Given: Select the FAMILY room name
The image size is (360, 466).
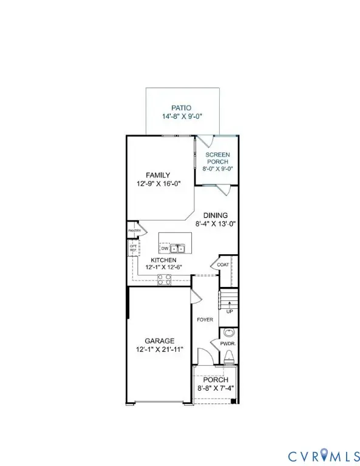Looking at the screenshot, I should click(x=157, y=175).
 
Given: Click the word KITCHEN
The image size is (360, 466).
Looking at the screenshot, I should click(x=163, y=260).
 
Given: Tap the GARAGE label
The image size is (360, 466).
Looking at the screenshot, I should click(x=159, y=341).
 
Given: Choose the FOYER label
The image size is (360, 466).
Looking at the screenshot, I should click(x=205, y=319).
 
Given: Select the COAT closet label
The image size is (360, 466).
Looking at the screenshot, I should click(x=223, y=265).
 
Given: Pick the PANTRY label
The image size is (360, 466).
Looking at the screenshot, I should click(x=134, y=231).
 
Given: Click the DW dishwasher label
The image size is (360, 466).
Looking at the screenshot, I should click(x=165, y=248).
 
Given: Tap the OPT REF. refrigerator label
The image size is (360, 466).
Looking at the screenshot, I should click(x=133, y=248).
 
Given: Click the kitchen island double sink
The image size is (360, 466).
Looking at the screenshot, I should click(x=177, y=248).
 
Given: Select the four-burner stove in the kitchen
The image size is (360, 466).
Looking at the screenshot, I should click(x=164, y=279).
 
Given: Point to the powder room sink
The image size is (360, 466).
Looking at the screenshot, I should click(x=228, y=333).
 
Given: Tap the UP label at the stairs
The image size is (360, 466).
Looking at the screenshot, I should click(x=229, y=311).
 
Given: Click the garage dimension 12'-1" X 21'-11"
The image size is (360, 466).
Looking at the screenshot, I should click(x=159, y=349).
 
